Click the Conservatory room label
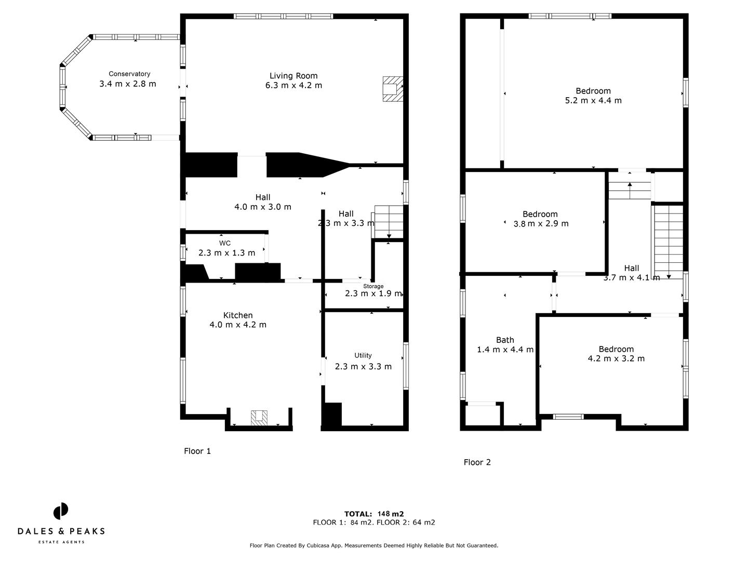click(x=129, y=74)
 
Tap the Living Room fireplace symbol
click(x=392, y=88)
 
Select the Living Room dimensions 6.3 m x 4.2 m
click(x=293, y=85)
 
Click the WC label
click(x=225, y=243)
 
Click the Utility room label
click(x=363, y=355)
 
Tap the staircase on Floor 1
click(x=389, y=222)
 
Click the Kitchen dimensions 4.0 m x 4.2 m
click(x=238, y=325)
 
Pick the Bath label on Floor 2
click(x=505, y=340)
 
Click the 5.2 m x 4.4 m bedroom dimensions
click(x=593, y=100)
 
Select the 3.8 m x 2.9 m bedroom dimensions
click(x=541, y=224)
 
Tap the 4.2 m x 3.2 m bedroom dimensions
click(x=616, y=358)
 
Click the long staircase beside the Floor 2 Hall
click(x=668, y=242)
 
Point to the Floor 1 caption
click(x=197, y=451)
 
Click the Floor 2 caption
click(x=477, y=462)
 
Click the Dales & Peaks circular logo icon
click(x=61, y=511)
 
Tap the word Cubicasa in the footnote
click(x=328, y=545)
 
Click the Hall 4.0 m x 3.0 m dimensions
click(x=263, y=207)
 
